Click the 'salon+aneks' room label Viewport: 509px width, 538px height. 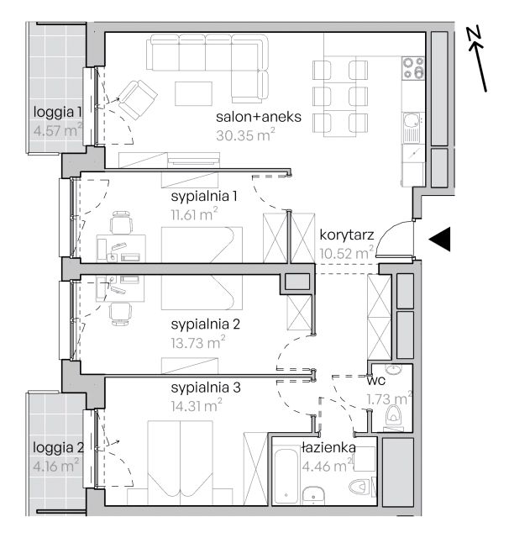tap(259, 117)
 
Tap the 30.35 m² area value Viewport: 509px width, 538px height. tap(245, 134)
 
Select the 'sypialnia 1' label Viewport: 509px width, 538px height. tap(204, 196)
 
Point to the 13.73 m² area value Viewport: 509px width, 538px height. tap(197, 342)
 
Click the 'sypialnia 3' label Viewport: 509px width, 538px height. tap(206, 388)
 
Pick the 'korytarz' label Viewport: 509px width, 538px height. tap(347, 235)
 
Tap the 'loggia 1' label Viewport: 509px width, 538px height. tap(58, 112)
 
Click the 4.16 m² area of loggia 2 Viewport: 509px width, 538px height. tap(56, 466)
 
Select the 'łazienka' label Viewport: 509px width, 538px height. tap(328, 447)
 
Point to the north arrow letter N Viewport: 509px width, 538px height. tap(474, 34)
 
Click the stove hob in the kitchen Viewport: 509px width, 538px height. tap(414, 68)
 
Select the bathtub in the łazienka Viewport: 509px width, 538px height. tap(286, 475)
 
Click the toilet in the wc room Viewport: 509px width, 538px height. tap(393, 414)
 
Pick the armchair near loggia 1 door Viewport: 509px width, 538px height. tap(137, 98)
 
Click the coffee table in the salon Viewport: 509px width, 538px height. tap(193, 93)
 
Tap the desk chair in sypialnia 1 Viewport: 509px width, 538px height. tap(121, 223)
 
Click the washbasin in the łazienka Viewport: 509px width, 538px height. tap(313, 495)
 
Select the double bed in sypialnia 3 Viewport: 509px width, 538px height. tap(180, 462)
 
